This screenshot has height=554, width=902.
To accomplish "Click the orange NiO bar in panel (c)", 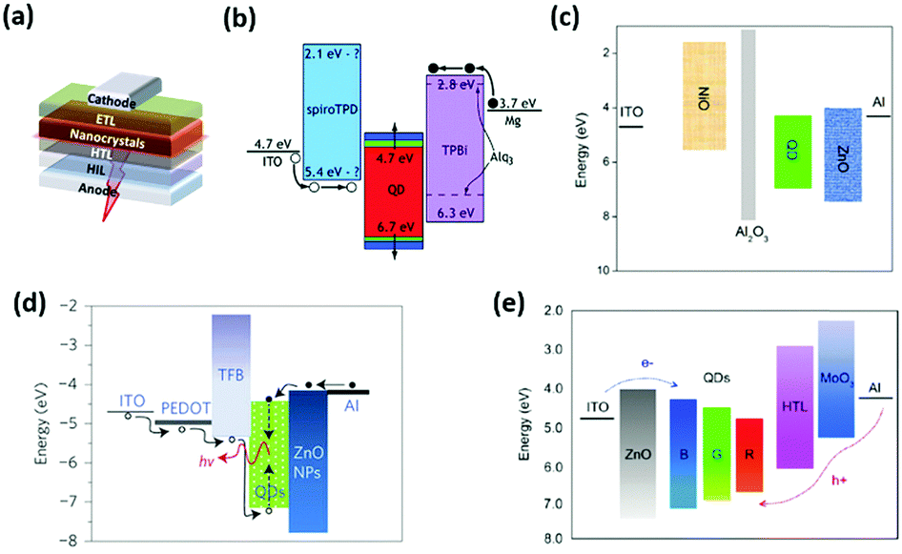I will click(717, 95).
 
